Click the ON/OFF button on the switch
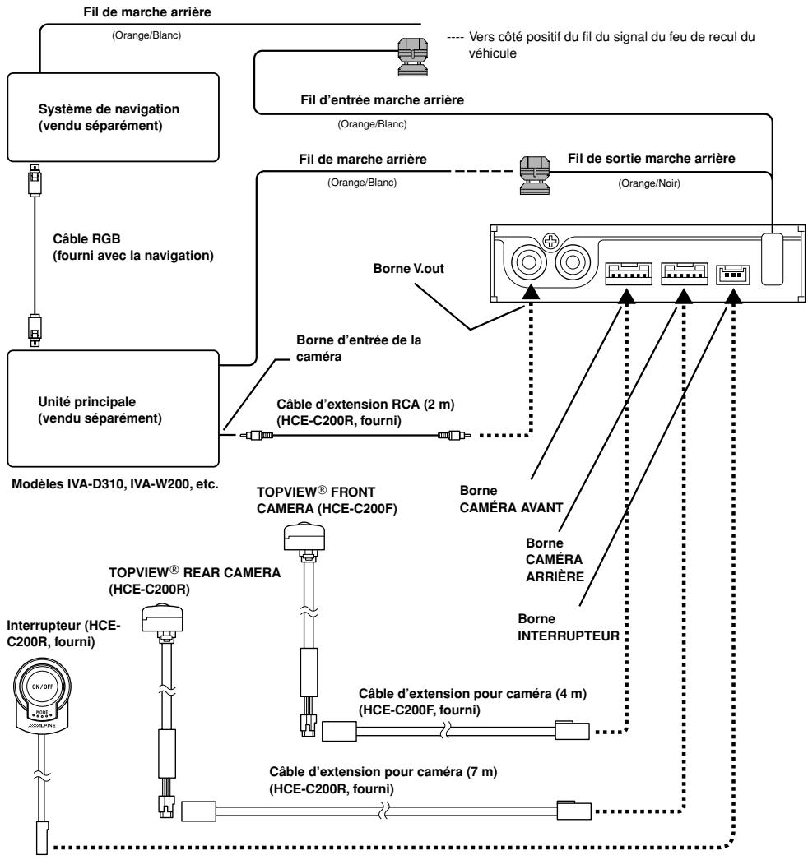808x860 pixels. click(42, 687)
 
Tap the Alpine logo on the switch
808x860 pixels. click(43, 725)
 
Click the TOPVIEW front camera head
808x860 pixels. click(304, 537)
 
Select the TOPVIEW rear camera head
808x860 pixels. click(162, 618)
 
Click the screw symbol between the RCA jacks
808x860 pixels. click(550, 241)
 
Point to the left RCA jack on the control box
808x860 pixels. click(529, 262)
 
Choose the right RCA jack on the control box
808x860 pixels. click(573, 262)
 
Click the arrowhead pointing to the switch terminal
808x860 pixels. click(734, 296)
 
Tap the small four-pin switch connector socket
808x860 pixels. click(733, 275)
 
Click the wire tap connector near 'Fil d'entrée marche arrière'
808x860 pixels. click(412, 57)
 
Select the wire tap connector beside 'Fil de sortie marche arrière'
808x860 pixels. click(535, 175)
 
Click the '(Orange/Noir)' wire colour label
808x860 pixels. click(649, 183)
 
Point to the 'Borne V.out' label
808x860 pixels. click(408, 269)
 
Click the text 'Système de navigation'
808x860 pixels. click(109, 109)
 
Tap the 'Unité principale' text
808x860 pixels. click(86, 401)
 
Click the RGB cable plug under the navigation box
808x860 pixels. click(35, 179)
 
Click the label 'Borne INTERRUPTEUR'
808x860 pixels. click(568, 627)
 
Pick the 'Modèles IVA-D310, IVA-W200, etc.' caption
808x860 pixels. click(115, 484)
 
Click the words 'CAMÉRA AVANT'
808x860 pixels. click(511, 508)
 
